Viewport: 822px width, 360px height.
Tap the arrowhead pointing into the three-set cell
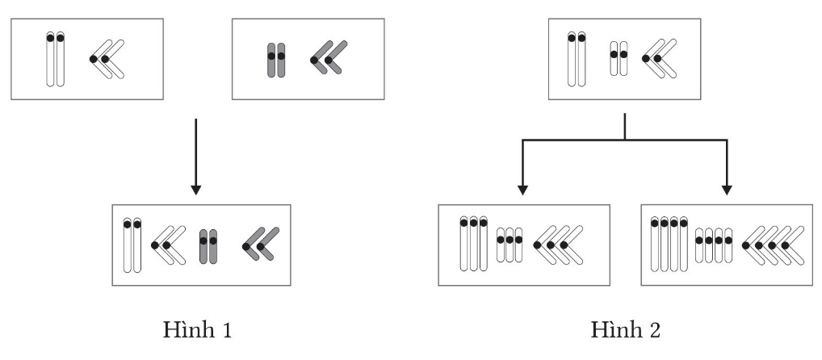[522, 190]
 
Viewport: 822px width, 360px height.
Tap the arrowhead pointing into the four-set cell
[726, 190]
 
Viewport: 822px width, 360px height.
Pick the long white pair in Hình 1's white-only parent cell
[54, 59]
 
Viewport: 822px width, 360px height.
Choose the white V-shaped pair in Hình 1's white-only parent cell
[107, 60]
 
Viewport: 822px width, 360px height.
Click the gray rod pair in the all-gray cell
[276, 60]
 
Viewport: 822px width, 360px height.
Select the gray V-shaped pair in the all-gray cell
[328, 59]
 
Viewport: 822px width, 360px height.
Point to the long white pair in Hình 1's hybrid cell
[132, 245]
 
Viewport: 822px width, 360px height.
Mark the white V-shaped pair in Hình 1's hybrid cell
[168, 245]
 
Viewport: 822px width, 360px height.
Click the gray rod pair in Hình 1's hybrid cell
[208, 246]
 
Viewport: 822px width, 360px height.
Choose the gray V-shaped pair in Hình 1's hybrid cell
[261, 245]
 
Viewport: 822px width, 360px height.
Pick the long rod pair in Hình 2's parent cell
[577, 59]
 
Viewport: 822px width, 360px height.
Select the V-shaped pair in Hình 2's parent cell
[660, 59]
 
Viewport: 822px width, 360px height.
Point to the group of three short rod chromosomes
[510, 245]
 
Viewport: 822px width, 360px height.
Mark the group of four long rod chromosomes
[669, 245]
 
